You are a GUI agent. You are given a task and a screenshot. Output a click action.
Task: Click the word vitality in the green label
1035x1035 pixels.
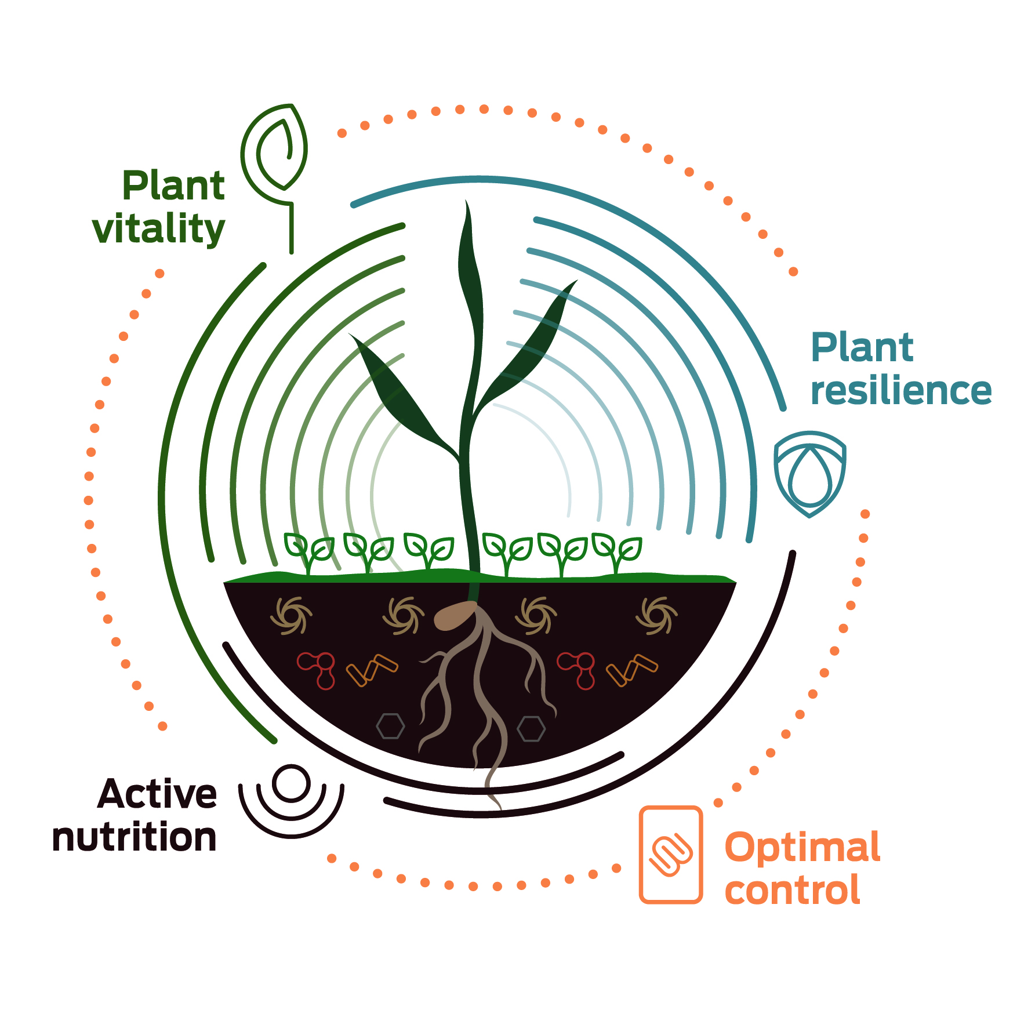[158, 229]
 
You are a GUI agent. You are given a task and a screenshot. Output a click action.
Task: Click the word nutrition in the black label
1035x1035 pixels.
[134, 837]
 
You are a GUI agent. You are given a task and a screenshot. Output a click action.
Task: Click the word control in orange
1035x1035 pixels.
[792, 891]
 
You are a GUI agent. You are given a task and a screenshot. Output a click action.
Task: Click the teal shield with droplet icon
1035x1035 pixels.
[810, 473]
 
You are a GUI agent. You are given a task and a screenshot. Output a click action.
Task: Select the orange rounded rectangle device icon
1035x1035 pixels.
[671, 854]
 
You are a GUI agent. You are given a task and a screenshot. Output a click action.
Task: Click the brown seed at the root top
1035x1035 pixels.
[455, 615]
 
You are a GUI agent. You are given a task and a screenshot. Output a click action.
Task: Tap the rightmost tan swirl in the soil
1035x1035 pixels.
[656, 615]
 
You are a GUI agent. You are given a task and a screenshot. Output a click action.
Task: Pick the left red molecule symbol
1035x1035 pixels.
[318, 668]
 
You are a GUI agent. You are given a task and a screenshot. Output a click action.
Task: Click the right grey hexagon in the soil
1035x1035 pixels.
[531, 729]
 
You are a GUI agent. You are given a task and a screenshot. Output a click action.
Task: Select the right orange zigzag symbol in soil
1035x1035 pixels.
[632, 670]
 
